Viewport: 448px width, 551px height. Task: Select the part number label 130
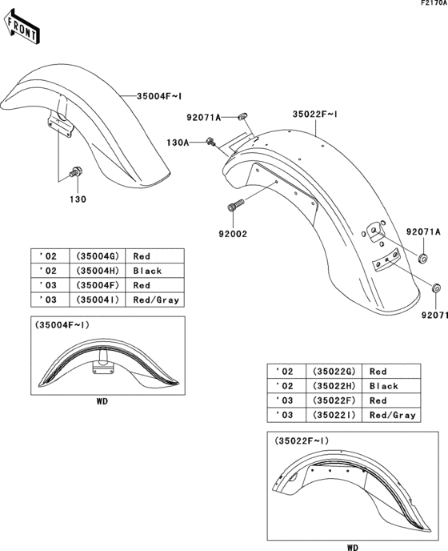point(77,198)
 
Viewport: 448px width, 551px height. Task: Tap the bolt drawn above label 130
point(76,171)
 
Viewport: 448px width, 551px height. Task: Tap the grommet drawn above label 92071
point(435,287)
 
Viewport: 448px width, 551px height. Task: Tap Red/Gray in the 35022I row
point(393,415)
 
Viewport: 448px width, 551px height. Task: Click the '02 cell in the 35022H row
point(283,386)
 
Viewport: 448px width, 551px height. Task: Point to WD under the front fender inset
point(102,400)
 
